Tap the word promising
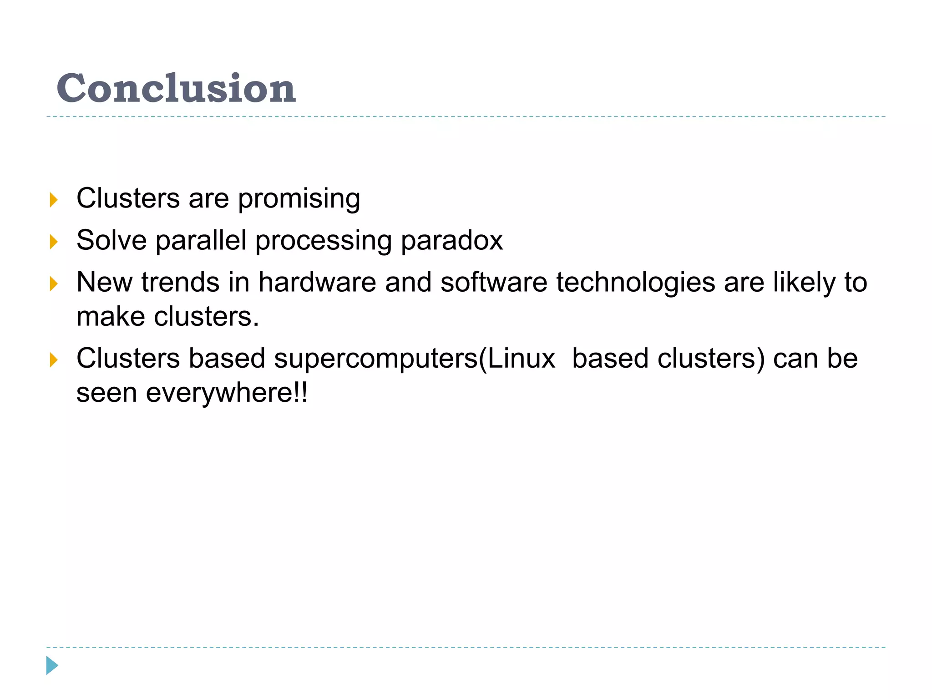click(x=299, y=199)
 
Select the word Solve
click(x=111, y=240)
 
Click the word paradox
click(x=451, y=240)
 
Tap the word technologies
click(x=636, y=283)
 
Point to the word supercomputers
click(x=376, y=359)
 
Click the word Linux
click(x=522, y=358)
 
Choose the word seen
click(x=106, y=393)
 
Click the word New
click(x=105, y=282)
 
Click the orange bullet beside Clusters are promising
click(x=54, y=200)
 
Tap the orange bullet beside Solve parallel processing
click(x=54, y=242)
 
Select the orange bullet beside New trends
click(x=54, y=284)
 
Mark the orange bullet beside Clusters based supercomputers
click(x=54, y=360)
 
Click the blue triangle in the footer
click(x=52, y=665)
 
